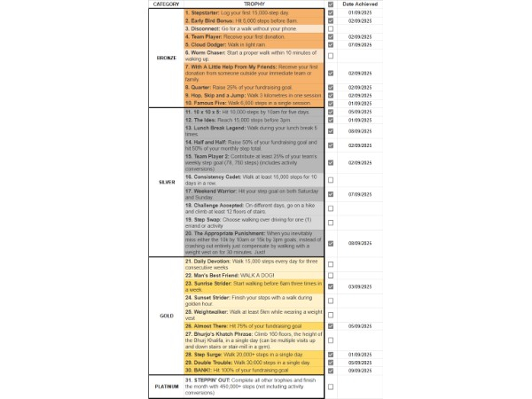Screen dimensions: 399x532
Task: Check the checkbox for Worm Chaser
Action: coord(331,55)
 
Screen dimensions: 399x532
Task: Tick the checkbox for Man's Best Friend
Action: coord(331,276)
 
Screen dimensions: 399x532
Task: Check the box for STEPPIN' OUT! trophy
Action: coord(331,387)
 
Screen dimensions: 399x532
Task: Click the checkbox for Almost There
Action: coord(331,326)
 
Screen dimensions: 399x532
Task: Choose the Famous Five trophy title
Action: coord(208,103)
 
